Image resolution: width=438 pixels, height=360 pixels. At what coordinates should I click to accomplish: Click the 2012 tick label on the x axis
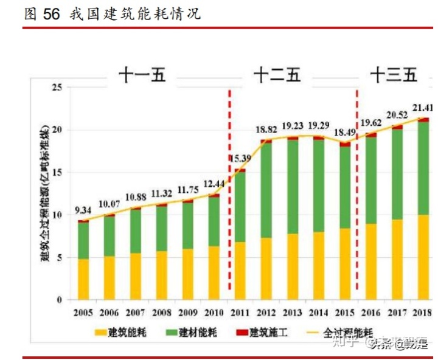point(266,313)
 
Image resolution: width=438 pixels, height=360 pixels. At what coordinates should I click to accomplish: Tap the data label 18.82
point(266,130)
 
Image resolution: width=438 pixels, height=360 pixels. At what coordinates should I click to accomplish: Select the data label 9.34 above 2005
point(83,210)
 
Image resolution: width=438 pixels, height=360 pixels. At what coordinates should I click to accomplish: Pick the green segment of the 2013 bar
point(292,187)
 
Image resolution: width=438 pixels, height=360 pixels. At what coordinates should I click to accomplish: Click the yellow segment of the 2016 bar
point(370,261)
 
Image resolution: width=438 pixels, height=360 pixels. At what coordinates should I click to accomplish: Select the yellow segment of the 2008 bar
point(161,275)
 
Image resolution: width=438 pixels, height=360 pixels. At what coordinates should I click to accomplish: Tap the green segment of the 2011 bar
point(240,207)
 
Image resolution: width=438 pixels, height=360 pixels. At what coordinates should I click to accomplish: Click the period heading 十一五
point(142,75)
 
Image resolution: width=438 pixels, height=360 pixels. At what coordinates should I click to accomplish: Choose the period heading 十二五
point(277,75)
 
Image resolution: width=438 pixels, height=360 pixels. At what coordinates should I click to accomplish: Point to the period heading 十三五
point(394,75)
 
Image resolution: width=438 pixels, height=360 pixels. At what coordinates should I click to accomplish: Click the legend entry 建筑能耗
point(122,333)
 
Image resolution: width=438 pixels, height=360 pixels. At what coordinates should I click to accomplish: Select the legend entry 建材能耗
point(195,333)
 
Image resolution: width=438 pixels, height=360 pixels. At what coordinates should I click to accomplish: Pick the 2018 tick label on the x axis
point(423,313)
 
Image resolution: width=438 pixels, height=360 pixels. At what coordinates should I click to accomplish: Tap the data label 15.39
point(240,159)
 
